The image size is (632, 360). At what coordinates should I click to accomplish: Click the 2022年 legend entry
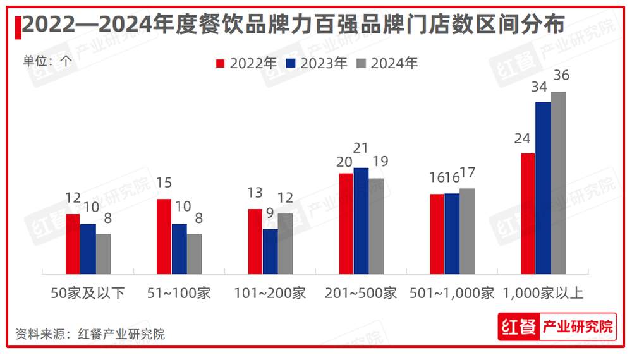click(246, 64)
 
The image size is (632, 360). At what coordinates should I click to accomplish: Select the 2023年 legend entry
click(317, 64)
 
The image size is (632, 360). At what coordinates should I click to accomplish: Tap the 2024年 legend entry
click(387, 64)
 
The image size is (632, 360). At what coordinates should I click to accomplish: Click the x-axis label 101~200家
click(270, 294)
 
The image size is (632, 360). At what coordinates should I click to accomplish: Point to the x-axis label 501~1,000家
click(452, 294)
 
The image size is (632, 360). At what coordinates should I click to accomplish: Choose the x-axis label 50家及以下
click(88, 294)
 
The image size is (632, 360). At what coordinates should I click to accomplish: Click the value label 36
click(561, 76)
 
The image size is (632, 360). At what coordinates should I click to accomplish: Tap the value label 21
click(360, 148)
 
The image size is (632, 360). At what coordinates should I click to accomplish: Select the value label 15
click(164, 183)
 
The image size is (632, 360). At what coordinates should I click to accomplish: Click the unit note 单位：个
click(48, 61)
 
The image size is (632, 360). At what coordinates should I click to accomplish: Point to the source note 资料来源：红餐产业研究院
click(90, 334)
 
